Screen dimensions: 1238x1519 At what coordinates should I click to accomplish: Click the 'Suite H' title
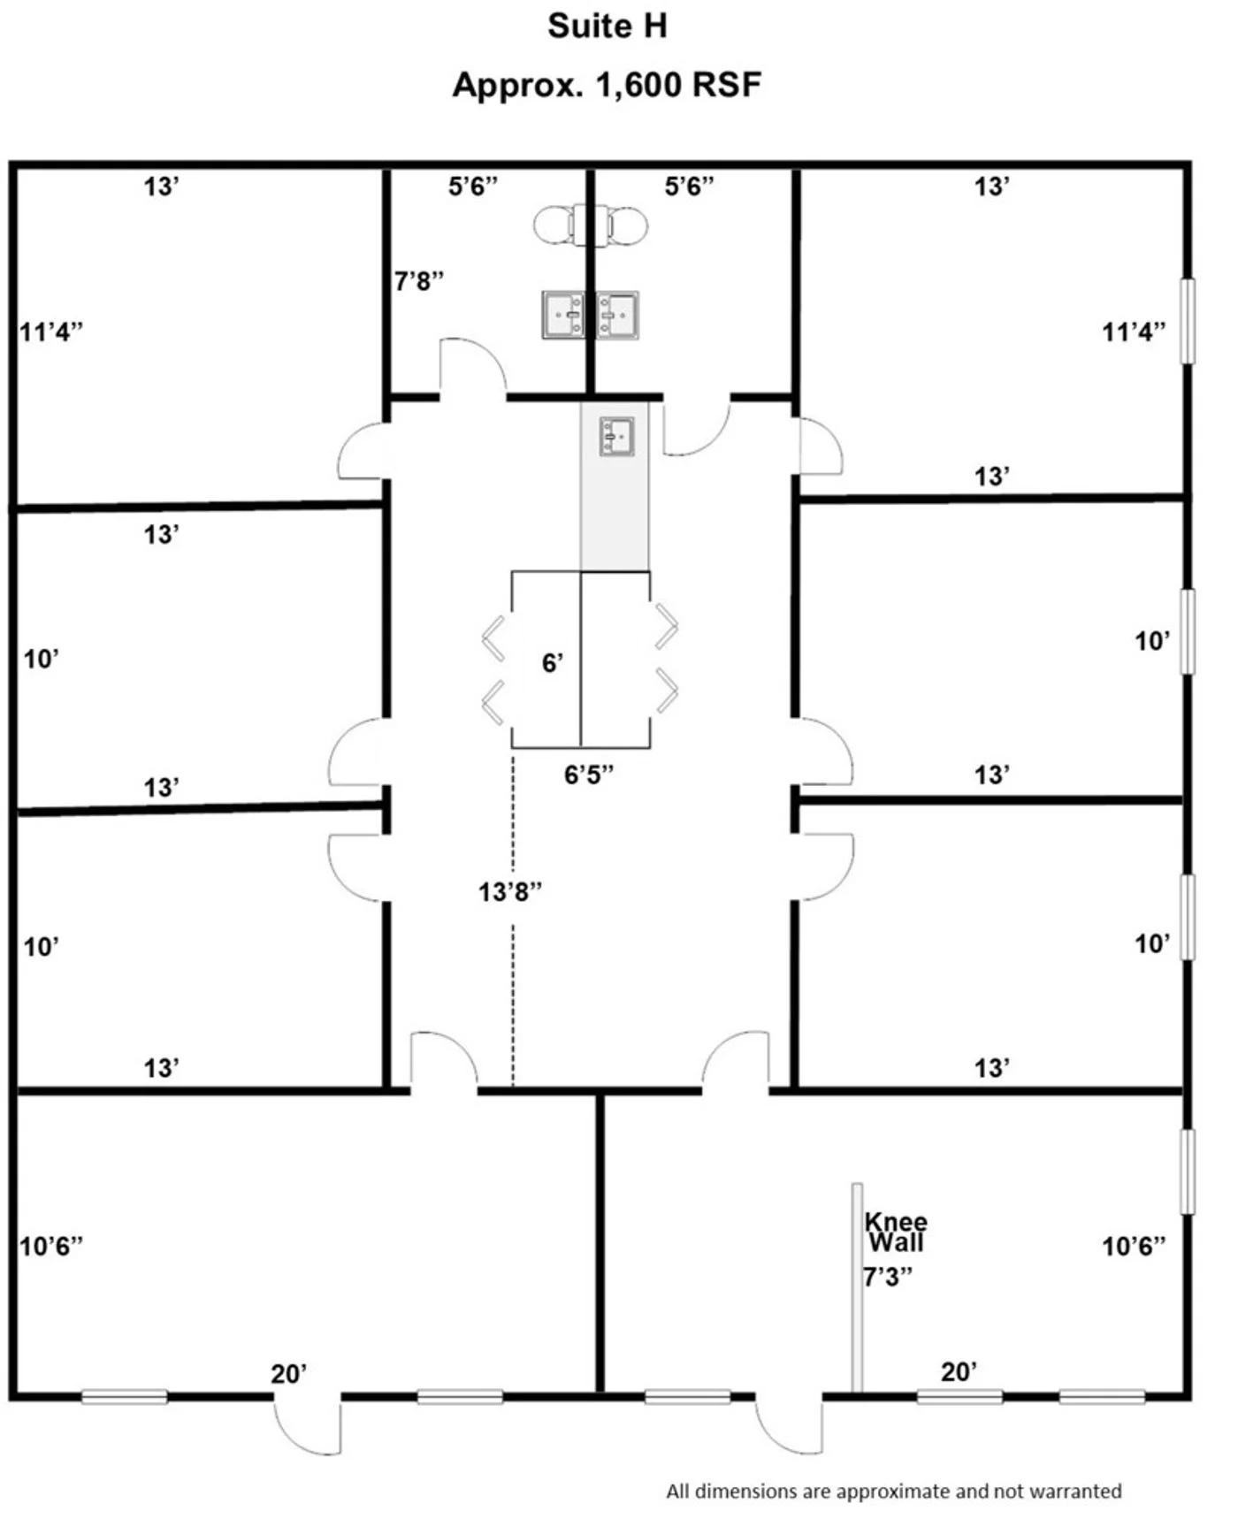click(607, 27)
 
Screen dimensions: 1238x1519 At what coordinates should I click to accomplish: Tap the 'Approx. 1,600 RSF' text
click(607, 85)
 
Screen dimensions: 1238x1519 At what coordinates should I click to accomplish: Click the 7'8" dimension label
click(419, 281)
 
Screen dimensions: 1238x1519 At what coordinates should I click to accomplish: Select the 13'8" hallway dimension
click(510, 891)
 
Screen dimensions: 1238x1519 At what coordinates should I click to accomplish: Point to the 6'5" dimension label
click(589, 775)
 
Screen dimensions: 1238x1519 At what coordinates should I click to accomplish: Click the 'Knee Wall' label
click(896, 1233)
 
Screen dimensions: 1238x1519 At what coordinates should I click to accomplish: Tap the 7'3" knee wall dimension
click(888, 1277)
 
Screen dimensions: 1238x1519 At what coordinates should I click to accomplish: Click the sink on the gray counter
click(617, 437)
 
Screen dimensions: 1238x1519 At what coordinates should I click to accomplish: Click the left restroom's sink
click(563, 315)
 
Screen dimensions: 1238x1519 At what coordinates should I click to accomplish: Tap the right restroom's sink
click(617, 315)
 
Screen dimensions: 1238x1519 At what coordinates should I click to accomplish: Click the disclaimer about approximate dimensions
click(894, 1491)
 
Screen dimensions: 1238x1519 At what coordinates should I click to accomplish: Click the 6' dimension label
click(553, 662)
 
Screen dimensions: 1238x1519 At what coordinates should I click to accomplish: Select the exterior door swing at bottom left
click(307, 1425)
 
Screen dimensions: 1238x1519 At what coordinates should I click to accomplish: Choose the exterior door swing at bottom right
click(790, 1425)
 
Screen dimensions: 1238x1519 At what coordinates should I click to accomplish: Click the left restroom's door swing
click(473, 367)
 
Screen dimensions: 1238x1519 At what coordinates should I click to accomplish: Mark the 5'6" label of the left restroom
click(473, 187)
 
